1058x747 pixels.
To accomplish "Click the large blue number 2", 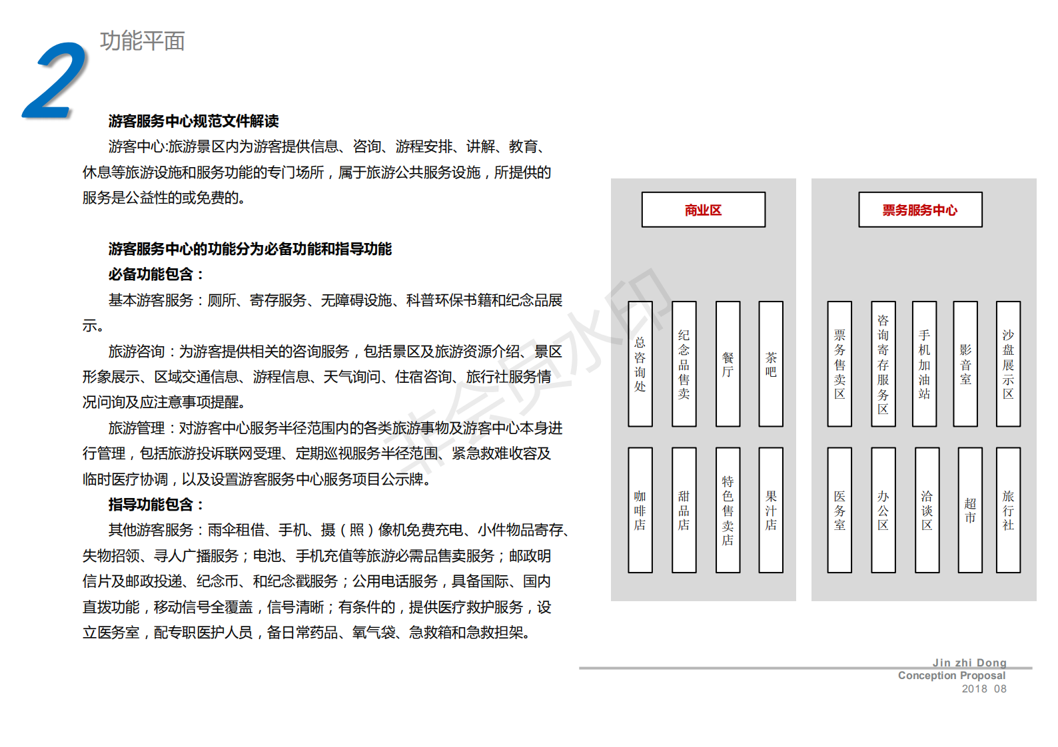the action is (x=56, y=80).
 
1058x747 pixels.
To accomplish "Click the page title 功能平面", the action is (x=142, y=41).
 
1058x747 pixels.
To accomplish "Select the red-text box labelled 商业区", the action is (x=704, y=210).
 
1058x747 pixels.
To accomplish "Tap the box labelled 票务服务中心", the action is (x=920, y=210).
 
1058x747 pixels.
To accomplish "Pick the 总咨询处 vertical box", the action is (x=640, y=364).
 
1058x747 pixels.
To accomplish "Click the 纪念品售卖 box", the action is (x=684, y=364).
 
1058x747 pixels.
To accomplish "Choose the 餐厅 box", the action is (x=728, y=364).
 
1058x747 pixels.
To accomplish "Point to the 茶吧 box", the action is (x=771, y=364).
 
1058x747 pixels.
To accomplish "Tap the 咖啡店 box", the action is (x=640, y=510).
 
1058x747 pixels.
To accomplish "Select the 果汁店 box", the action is (x=771, y=510).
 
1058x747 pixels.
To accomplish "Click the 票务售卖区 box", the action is (x=839, y=364).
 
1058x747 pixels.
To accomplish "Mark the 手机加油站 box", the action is (x=924, y=364).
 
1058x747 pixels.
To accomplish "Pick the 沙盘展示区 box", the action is (x=1009, y=364).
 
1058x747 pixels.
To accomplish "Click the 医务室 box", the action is (x=839, y=510).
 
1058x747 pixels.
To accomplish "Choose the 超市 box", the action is (x=970, y=510).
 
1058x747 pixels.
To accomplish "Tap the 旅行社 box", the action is (x=1009, y=510).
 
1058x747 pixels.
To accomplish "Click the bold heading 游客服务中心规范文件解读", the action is (x=194, y=121).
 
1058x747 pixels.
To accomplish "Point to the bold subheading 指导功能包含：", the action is (x=156, y=505).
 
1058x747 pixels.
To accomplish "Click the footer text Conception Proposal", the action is (x=951, y=675).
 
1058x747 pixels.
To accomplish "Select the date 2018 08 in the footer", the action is (x=984, y=689).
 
